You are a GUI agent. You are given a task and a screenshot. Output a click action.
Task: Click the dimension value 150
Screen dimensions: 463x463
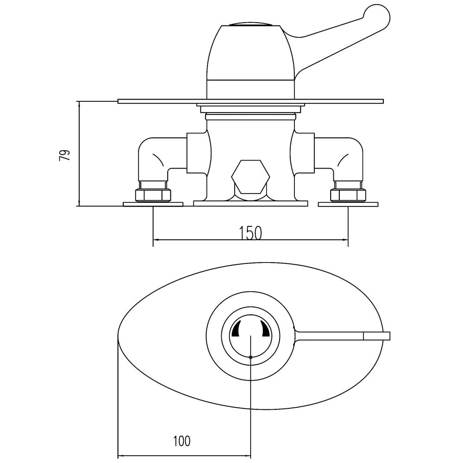click(x=250, y=233)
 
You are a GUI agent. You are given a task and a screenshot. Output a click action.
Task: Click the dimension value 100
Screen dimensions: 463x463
click(x=181, y=441)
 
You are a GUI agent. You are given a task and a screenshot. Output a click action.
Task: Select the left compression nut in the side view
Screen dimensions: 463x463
click(x=153, y=194)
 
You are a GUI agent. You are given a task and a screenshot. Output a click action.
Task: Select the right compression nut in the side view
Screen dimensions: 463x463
click(x=348, y=194)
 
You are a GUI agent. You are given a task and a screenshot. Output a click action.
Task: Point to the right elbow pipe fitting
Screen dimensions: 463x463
click(x=339, y=159)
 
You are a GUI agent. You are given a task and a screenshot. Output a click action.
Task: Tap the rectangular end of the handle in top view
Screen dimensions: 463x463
click(x=377, y=336)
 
